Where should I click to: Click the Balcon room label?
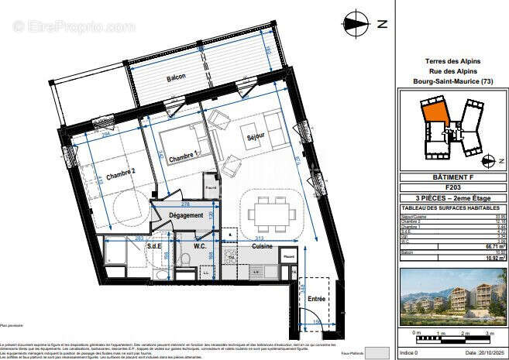point(177,79)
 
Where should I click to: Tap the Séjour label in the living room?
point(255,136)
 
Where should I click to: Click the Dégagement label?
point(186,215)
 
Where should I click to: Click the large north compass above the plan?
point(357,22)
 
